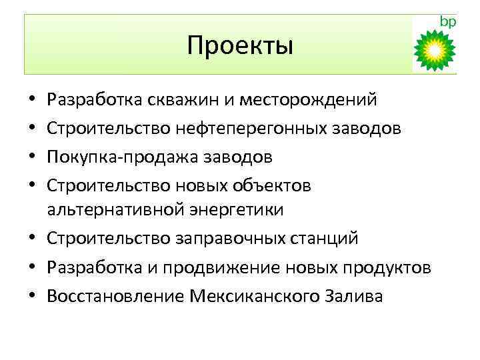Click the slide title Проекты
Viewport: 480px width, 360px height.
[240, 45]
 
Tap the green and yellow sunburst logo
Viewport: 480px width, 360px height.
[434, 50]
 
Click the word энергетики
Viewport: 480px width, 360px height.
[235, 209]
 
